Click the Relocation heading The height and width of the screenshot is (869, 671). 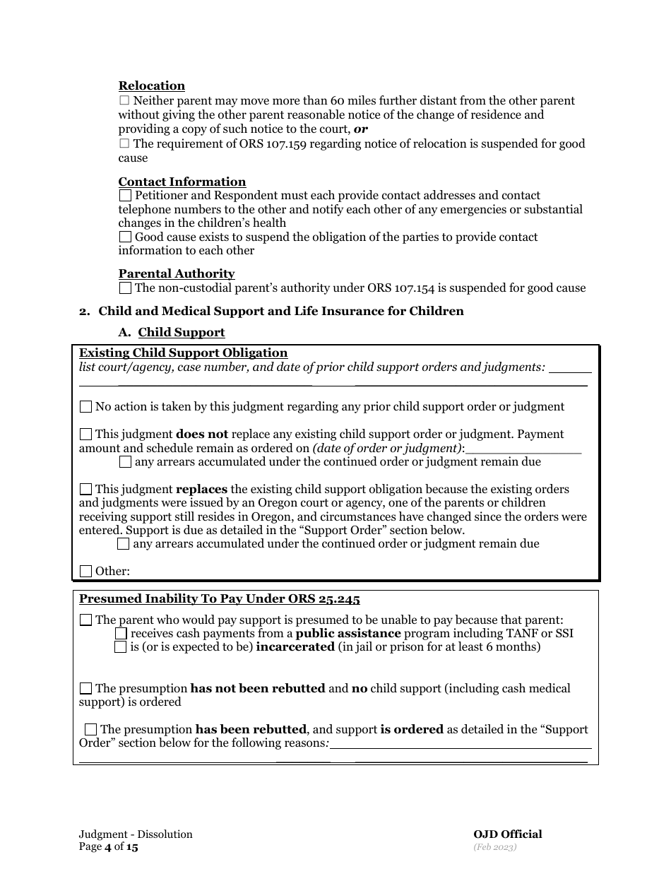click(x=151, y=86)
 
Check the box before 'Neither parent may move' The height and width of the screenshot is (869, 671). click(x=124, y=101)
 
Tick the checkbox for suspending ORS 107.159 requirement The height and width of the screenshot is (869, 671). click(x=124, y=143)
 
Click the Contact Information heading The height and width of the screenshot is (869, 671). click(x=182, y=182)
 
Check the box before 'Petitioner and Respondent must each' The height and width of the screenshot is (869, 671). click(x=125, y=196)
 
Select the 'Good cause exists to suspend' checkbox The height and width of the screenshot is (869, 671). click(x=125, y=237)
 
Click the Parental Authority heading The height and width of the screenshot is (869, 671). click(x=177, y=273)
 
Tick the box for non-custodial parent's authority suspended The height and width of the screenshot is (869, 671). click(x=125, y=288)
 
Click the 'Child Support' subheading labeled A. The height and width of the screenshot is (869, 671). click(x=182, y=332)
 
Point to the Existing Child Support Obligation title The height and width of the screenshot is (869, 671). click(x=183, y=353)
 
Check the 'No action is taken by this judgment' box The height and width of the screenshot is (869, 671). click(x=85, y=407)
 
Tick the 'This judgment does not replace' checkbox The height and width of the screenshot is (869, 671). click(x=85, y=434)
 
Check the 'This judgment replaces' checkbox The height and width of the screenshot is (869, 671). click(x=85, y=489)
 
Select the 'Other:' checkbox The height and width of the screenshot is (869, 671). click(x=85, y=572)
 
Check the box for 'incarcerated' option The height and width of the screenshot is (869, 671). click(x=121, y=647)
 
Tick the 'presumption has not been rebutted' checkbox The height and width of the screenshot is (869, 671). click(x=85, y=689)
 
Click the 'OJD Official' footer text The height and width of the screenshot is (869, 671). click(x=507, y=834)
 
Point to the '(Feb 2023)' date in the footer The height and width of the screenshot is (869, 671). click(x=495, y=846)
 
